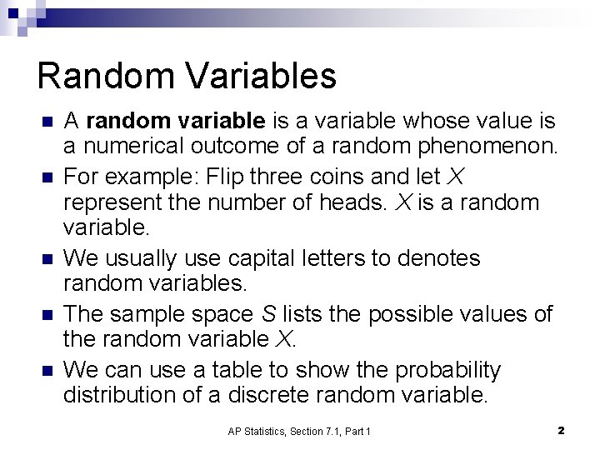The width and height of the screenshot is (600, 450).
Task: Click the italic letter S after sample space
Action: (267, 314)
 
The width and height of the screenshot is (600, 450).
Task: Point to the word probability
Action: (448, 369)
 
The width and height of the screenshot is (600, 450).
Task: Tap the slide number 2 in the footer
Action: (561, 431)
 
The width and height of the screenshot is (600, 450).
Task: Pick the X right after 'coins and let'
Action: (455, 177)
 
